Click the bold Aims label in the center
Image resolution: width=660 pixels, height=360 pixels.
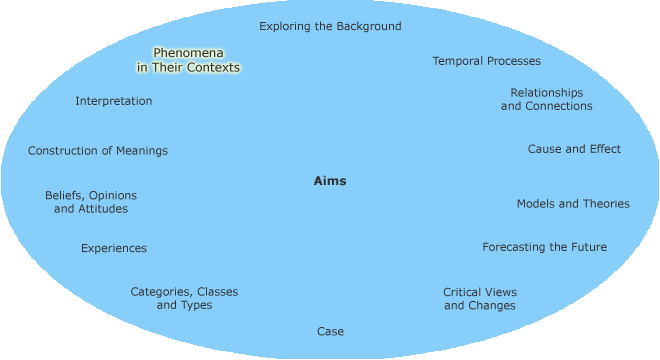[x=330, y=181]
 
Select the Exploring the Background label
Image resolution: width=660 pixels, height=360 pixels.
[x=330, y=26]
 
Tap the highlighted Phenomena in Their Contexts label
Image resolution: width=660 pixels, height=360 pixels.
[x=189, y=60]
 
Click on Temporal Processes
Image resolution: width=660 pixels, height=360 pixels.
[x=486, y=61]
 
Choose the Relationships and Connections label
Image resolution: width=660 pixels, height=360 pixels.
[x=546, y=99]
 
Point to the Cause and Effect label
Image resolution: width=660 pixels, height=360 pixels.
[x=574, y=149]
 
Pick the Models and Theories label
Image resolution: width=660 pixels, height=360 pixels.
[x=573, y=203]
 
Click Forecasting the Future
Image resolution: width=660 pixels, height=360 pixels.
[x=544, y=247]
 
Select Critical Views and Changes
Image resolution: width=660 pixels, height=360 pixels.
[x=480, y=299]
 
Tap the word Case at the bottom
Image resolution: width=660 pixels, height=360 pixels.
[x=330, y=331]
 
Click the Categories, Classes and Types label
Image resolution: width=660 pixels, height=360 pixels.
[x=184, y=298]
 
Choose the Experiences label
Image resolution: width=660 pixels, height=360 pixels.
[x=114, y=248]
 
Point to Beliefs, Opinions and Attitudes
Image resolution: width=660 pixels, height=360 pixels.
[x=91, y=202]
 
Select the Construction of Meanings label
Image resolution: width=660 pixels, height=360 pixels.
[x=98, y=151]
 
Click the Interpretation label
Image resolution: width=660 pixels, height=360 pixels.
[x=114, y=101]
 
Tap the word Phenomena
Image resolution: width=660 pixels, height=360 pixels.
[x=189, y=52]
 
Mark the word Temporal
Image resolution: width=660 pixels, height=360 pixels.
[x=456, y=61]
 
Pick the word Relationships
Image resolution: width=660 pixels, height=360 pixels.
[x=546, y=92]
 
